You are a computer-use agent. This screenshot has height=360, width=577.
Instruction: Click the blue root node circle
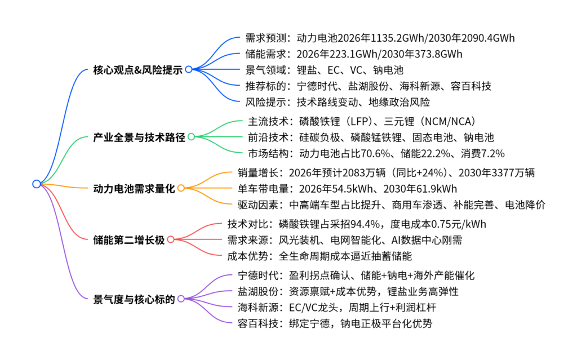[37, 184]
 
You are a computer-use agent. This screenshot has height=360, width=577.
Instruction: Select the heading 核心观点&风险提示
[139, 69]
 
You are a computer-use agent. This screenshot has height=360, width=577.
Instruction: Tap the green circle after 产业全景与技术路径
[191, 137]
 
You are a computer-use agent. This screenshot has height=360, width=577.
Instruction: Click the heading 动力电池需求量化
[134, 188]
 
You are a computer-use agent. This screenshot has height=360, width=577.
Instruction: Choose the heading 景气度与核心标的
[134, 298]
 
